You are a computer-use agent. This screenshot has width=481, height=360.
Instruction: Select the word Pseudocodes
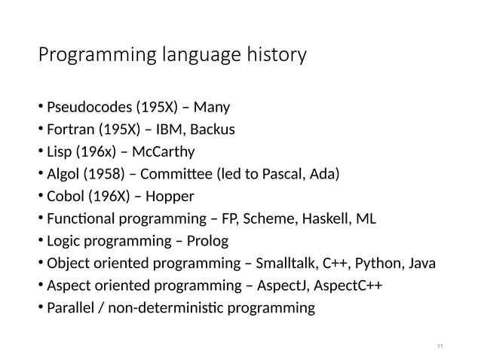pos(84,105)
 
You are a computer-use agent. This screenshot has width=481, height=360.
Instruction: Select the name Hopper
pos(172,198)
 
